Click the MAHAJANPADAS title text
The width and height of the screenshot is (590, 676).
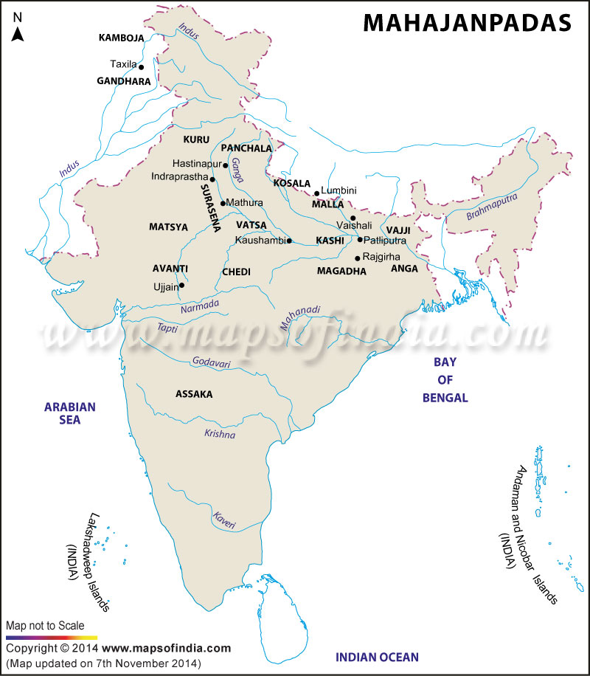pyautogui.click(x=467, y=23)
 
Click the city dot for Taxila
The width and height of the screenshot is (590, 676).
pyautogui.click(x=141, y=66)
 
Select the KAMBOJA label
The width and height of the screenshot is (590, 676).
pyautogui.click(x=122, y=37)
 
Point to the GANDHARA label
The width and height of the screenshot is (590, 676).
pyautogui.click(x=124, y=81)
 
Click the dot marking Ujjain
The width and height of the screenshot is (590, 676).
pyautogui.click(x=181, y=285)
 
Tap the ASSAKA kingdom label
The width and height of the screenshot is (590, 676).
pyautogui.click(x=194, y=394)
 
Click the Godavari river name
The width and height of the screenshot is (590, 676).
pyautogui.click(x=212, y=362)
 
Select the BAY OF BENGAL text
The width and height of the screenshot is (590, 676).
pyautogui.click(x=445, y=380)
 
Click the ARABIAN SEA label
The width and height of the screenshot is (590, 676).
pyautogui.click(x=71, y=413)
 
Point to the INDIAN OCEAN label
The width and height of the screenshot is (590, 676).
pyautogui.click(x=377, y=657)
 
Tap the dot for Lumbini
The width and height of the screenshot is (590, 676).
pyautogui.click(x=317, y=193)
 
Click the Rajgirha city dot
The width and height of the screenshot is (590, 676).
pyautogui.click(x=358, y=258)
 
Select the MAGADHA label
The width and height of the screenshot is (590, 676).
pyautogui.click(x=341, y=272)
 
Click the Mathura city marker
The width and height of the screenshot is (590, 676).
pyautogui.click(x=223, y=203)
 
